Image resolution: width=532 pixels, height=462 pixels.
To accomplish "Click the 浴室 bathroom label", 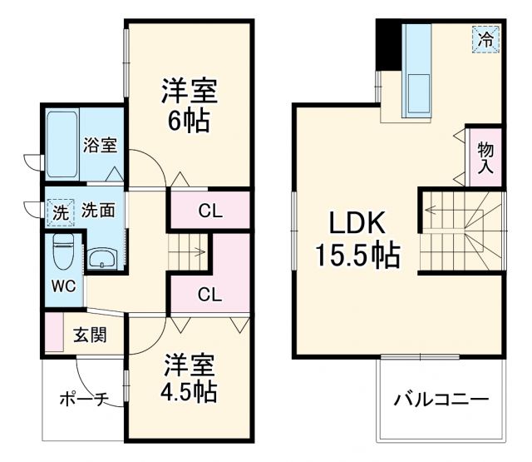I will coord(101,145).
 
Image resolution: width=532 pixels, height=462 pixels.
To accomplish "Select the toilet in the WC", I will coord(63,252).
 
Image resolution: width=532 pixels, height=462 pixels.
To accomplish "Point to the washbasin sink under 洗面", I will coord(104,258).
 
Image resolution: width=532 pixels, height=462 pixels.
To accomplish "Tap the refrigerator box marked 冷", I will coord(486,38).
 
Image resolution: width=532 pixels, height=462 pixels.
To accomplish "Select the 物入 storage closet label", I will coord(486,156).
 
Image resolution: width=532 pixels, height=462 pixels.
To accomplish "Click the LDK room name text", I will coord(356,223).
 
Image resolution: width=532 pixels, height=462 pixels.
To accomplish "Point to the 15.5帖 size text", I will coord(356,255).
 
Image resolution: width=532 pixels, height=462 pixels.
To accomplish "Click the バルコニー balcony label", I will coord(441,400).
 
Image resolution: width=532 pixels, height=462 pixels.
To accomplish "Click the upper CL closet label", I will coord(209,211).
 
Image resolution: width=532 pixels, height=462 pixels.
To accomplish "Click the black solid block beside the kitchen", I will coord(387,46).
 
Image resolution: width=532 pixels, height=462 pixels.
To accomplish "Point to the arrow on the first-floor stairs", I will coord(197,249).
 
